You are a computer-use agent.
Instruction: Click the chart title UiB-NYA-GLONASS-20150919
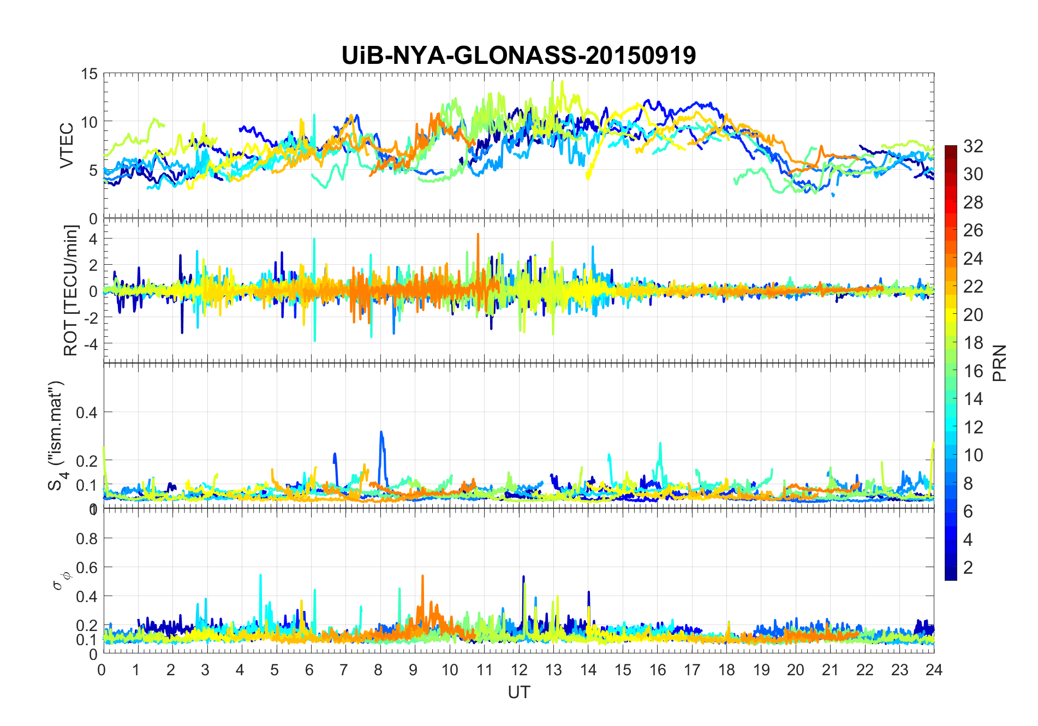[518, 55]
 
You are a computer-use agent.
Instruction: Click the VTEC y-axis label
[66, 146]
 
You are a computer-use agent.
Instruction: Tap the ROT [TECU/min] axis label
[71, 290]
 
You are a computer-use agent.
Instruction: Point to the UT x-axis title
[518, 692]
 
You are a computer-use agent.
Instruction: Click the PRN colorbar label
[1000, 363]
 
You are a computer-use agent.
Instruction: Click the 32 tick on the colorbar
[973, 146]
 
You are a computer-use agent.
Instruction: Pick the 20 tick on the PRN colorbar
[973, 314]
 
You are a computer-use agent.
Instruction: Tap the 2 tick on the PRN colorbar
[968, 567]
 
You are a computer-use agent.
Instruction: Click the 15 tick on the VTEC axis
[89, 74]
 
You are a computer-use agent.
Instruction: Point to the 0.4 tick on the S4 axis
[86, 412]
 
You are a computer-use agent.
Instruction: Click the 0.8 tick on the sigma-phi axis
[86, 539]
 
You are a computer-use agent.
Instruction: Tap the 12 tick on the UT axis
[519, 670]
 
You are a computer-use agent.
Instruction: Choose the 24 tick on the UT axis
[934, 670]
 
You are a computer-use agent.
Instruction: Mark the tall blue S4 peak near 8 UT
[381, 433]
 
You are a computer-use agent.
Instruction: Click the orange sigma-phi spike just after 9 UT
[422, 576]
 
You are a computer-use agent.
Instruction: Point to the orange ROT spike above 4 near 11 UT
[478, 235]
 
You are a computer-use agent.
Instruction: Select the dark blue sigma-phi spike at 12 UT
[523, 577]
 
